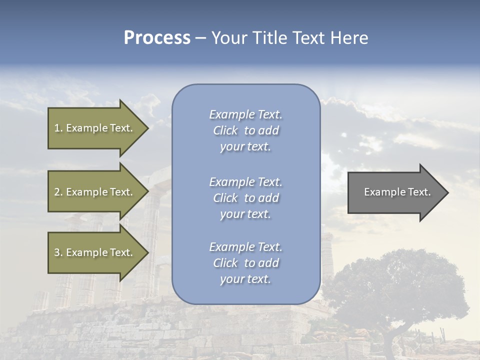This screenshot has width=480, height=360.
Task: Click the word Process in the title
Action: coord(157,38)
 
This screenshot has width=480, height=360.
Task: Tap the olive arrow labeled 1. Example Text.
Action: coord(95,128)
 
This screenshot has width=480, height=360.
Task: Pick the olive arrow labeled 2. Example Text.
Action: coord(95,192)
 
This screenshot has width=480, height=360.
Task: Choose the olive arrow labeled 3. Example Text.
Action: coord(95,252)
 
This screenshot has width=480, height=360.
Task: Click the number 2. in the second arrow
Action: coord(58,192)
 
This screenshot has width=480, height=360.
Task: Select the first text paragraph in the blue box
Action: coord(245,130)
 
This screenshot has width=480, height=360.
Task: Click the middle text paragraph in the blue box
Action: coord(245,198)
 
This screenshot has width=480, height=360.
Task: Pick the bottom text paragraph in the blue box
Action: coord(245,263)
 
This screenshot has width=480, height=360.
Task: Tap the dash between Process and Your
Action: coord(201,38)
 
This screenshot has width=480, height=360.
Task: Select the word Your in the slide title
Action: coord(229,38)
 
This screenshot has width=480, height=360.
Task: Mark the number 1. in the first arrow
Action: coord(58,128)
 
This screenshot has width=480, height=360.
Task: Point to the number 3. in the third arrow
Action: coord(58,252)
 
